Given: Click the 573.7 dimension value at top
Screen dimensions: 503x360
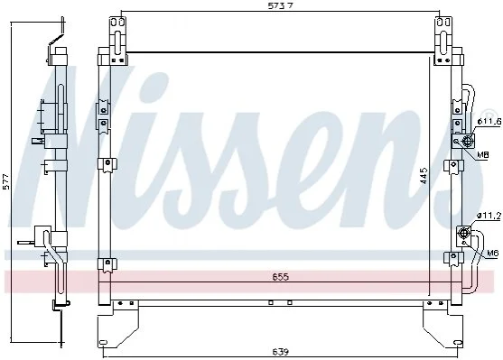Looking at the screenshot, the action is point(280,5).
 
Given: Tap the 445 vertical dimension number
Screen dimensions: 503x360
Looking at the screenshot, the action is point(424,175).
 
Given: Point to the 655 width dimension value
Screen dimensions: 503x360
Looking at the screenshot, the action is point(280,276).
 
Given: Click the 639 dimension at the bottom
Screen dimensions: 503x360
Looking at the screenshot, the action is point(281,352).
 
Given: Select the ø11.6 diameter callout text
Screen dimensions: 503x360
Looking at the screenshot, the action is point(489,122).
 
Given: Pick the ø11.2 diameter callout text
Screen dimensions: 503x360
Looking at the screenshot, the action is point(489,217).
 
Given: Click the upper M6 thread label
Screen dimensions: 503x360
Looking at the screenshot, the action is point(482,155).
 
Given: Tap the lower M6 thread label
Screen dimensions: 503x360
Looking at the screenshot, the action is point(493,254).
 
